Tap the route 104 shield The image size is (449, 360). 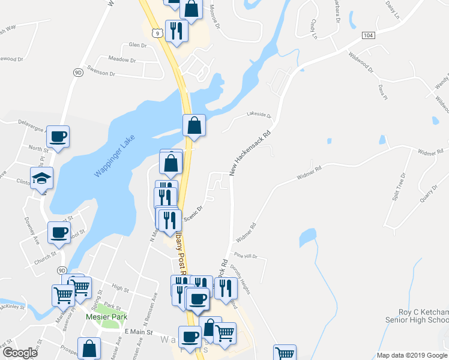coord(369,36)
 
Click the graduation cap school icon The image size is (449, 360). coord(42,178)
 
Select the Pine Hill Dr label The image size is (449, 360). coord(246,256)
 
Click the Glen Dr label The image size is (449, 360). coord(137,45)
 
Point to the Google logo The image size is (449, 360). coord(19,353)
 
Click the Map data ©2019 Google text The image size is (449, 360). coord(411,355)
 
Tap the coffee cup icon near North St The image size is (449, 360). coord(58,137)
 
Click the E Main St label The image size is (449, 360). coord(139,332)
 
